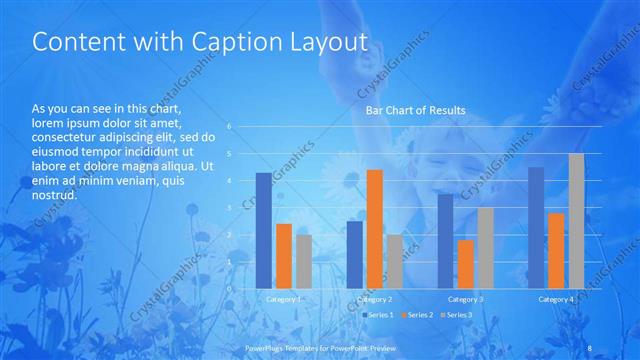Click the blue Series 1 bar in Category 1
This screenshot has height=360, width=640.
[x=263, y=231]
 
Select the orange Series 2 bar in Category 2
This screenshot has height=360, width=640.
[x=374, y=229]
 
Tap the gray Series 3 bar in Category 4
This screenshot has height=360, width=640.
[x=576, y=221]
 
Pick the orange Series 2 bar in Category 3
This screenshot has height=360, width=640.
[x=465, y=264]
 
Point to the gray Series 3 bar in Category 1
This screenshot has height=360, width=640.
[x=303, y=261]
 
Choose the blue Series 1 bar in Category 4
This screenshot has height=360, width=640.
[x=536, y=228]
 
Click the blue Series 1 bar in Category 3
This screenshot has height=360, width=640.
[x=445, y=241]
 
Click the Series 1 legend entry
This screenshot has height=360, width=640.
[x=377, y=315]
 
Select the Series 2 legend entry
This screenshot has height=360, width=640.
[x=416, y=315]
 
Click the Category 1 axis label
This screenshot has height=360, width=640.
[x=283, y=299]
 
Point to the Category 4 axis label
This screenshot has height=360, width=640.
[x=556, y=299]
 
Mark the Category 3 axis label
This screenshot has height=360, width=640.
[x=465, y=299]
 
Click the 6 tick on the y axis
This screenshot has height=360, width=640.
[x=229, y=127]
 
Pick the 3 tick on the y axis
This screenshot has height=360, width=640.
[x=229, y=208]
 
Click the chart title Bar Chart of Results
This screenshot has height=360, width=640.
[x=415, y=110]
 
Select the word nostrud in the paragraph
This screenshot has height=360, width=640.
[x=54, y=195]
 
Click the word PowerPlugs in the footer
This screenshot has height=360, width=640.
[x=265, y=347]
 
